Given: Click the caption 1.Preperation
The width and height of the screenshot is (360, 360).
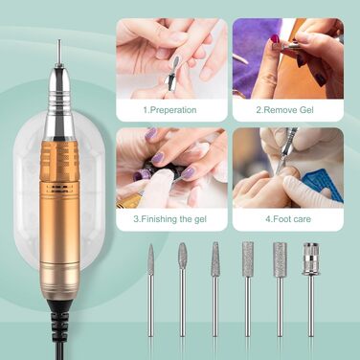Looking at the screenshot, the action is [x=169, y=110].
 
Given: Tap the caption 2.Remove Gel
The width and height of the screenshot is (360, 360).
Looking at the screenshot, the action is [x=285, y=110].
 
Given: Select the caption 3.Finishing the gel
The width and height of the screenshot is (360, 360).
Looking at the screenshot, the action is [x=169, y=219].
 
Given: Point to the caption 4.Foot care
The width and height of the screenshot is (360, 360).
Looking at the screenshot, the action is [x=288, y=219].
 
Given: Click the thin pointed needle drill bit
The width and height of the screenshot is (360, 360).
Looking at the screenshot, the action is [x=150, y=290].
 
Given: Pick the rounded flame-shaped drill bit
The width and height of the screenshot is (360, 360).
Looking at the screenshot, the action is [x=182, y=289].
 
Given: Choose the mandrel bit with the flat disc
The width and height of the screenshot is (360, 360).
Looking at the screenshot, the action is [x=310, y=289].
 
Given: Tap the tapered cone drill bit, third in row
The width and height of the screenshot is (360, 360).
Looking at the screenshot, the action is [x=215, y=289].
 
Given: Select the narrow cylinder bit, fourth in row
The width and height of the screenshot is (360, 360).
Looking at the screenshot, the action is [x=248, y=289].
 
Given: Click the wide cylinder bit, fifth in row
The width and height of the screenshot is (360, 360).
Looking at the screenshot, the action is [x=280, y=289].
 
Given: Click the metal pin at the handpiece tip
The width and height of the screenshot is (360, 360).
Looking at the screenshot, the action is [x=58, y=53].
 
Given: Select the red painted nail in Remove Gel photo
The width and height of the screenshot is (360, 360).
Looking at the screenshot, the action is [x=275, y=39].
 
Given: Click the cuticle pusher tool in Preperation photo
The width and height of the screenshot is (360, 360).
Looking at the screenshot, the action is [x=175, y=74].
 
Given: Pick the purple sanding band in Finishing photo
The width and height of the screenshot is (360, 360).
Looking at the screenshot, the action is [x=141, y=175].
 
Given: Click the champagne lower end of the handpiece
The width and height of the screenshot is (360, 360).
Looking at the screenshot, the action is [x=59, y=281].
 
